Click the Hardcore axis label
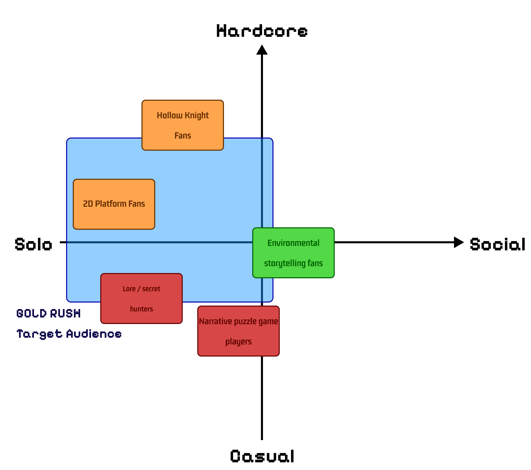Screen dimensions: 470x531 262,31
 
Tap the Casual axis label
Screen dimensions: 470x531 262,456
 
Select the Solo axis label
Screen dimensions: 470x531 34,244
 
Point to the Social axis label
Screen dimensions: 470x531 497,244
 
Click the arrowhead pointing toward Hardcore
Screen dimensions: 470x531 262,50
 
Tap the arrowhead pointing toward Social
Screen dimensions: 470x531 458,242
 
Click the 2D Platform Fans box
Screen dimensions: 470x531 114,204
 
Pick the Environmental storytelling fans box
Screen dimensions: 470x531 293,253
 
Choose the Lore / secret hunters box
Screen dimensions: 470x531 141,299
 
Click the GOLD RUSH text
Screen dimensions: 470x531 49,313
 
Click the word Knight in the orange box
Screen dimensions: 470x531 197,115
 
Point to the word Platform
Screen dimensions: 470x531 111,204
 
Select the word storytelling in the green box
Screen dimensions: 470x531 285,263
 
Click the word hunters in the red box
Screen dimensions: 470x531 141,309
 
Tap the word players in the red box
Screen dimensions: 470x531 239,342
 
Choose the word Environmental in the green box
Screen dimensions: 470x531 293,243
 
